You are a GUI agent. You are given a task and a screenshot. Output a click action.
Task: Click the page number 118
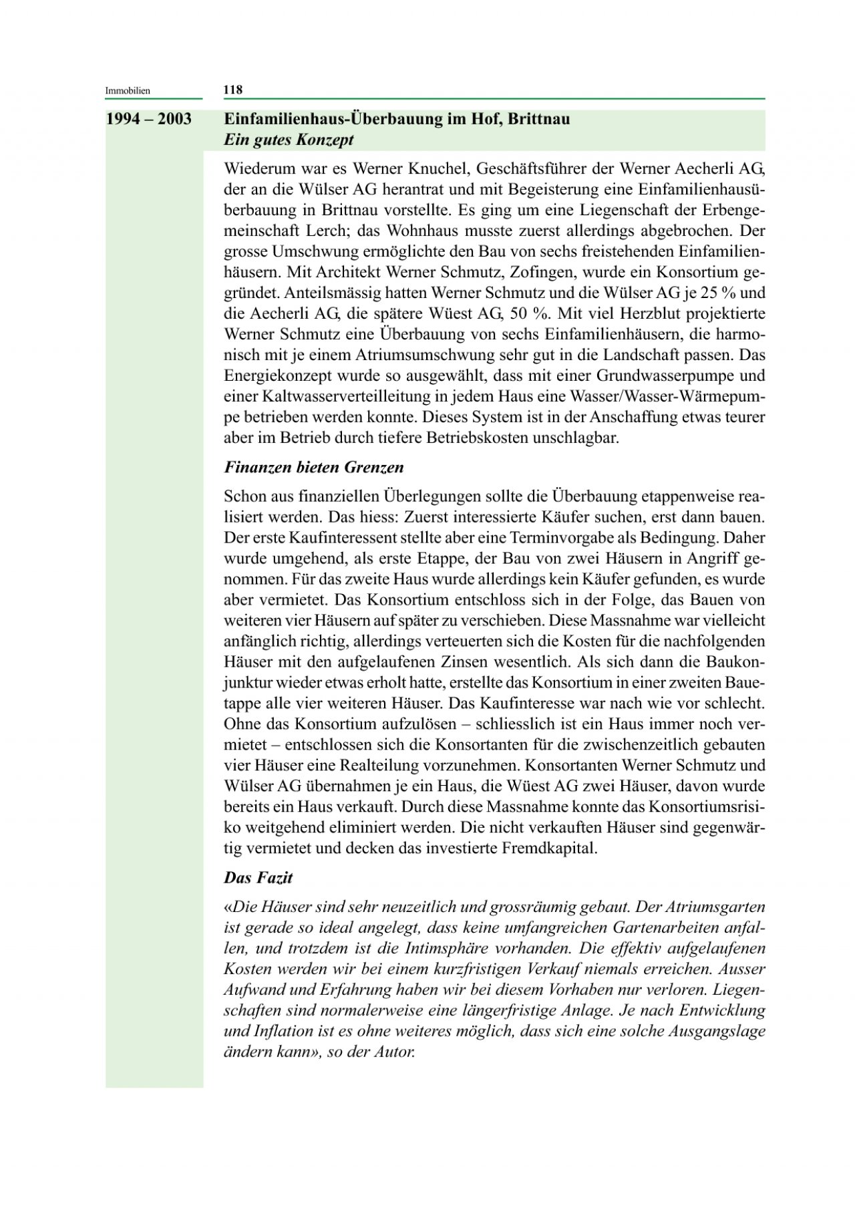tap(232, 90)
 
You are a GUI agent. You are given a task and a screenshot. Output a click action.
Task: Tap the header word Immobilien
tap(128, 90)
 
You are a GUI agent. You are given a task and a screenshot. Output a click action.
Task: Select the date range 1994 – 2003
tap(148, 120)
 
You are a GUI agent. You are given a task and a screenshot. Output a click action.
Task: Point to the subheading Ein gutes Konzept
tap(289, 140)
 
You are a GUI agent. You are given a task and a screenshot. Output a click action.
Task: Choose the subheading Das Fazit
tap(258, 877)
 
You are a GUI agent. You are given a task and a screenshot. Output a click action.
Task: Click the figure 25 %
tap(715, 293)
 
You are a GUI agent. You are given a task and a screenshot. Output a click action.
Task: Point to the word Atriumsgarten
tap(711, 907)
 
